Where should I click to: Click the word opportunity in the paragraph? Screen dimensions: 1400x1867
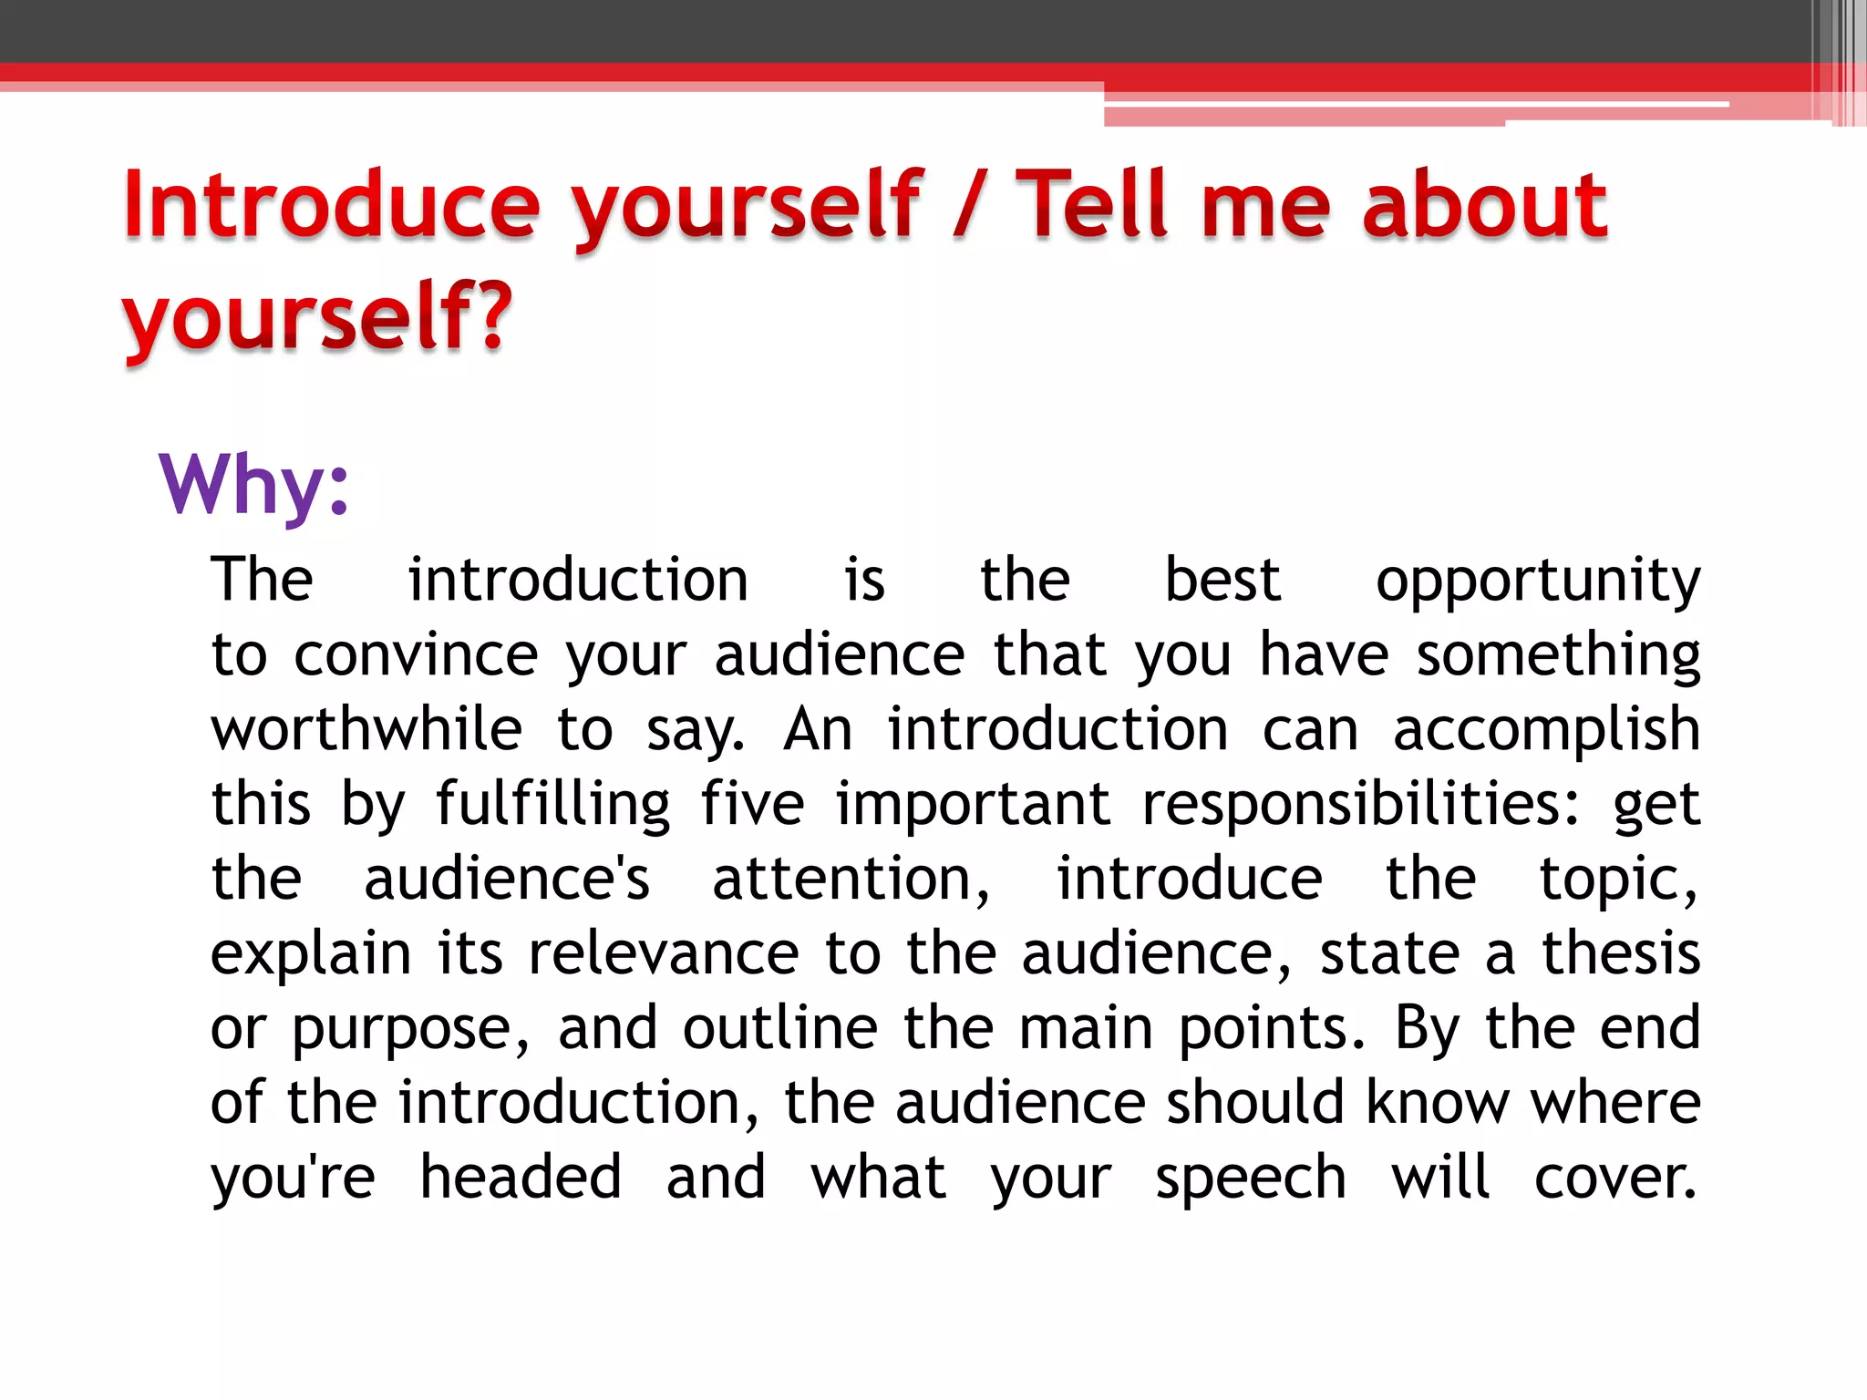tap(1538, 581)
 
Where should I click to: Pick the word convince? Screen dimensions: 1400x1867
tap(416, 655)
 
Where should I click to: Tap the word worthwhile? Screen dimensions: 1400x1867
tap(366, 730)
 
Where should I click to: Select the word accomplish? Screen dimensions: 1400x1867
tap(1546, 730)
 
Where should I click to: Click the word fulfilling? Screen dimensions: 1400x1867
tap(553, 805)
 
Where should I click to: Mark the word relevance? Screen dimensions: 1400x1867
tap(664, 954)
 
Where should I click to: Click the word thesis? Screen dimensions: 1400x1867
tap(1621, 954)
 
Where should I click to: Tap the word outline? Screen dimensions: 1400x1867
tap(780, 1029)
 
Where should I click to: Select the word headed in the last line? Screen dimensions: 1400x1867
tap(521, 1178)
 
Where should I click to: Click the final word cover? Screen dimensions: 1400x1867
tap(1615, 1179)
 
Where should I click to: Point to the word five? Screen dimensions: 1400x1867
tap(752, 805)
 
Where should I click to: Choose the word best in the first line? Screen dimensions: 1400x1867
tap(1222, 581)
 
